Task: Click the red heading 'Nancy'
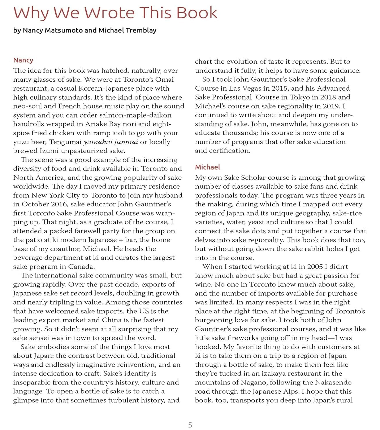click(x=23, y=60)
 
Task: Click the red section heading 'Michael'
click(x=208, y=167)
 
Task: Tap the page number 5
click(x=190, y=425)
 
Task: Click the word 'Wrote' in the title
click(x=109, y=13)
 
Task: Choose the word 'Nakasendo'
click(x=333, y=382)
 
